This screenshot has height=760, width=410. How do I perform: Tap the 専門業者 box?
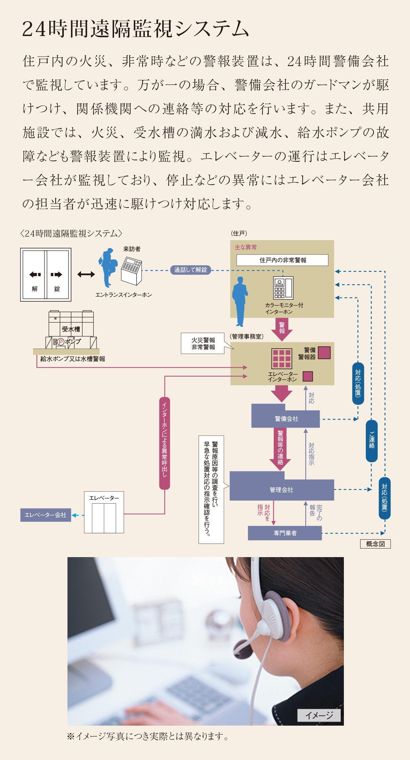285,533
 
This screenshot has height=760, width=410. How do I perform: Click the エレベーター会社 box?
46,515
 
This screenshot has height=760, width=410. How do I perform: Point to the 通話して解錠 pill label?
191,270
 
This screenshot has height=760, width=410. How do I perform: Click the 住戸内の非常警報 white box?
282,260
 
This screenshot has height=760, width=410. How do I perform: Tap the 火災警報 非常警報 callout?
203,344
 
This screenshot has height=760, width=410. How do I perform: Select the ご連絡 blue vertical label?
372,441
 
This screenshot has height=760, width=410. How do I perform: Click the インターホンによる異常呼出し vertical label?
165,443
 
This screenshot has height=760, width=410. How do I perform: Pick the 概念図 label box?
375,544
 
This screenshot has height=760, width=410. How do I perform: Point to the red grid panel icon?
282,359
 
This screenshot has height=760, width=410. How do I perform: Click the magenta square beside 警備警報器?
324,353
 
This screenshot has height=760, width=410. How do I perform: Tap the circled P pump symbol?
61,342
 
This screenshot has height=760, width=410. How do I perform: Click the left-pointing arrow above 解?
35,274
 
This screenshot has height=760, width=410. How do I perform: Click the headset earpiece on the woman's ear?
274,610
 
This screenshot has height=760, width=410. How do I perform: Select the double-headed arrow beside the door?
86,274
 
